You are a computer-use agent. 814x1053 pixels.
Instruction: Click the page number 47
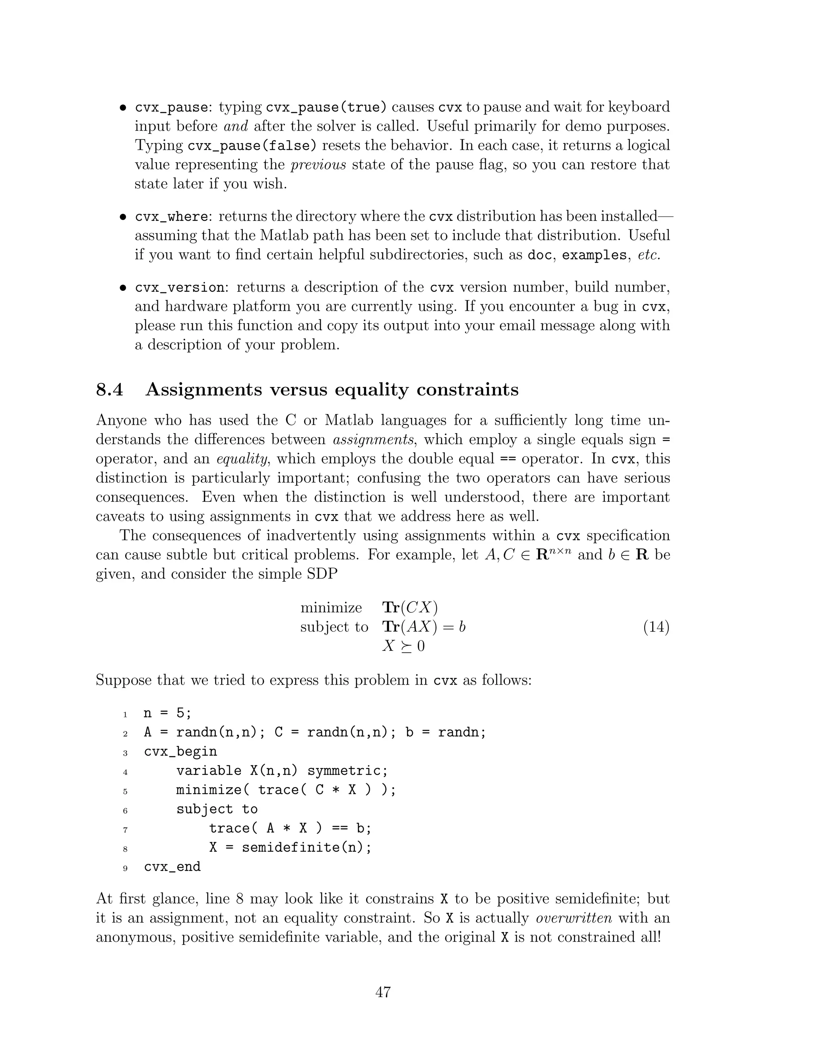383,992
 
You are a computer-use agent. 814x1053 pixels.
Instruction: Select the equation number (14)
656,627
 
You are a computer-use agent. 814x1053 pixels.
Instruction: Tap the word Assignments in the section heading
203,389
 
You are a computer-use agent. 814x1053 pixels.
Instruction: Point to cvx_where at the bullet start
172,217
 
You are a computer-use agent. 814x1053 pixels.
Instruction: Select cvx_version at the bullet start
179,287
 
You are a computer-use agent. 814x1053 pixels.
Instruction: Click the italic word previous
318,165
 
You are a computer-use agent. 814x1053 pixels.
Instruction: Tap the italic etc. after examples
648,255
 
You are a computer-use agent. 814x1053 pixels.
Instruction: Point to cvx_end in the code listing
172,866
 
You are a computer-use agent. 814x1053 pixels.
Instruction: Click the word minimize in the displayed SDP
331,608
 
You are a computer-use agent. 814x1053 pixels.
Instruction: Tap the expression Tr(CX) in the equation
410,608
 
